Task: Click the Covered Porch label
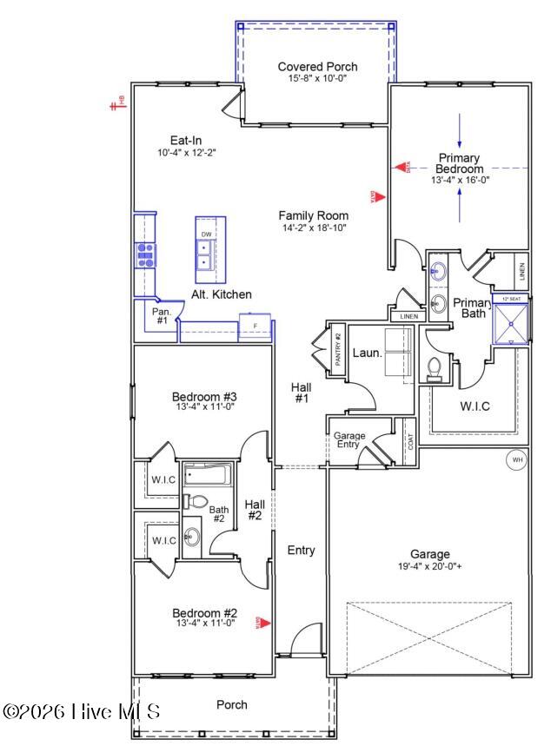click(317, 67)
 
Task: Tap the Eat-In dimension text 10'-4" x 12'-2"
click(187, 153)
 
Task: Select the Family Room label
click(313, 215)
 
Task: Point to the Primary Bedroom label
click(460, 162)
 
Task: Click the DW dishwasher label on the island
click(206, 234)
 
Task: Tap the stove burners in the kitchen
click(144, 254)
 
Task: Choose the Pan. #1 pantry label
click(162, 315)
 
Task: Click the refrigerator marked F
click(255, 327)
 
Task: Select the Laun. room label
click(367, 353)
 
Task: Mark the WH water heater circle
click(517, 459)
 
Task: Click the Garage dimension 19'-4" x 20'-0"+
click(430, 567)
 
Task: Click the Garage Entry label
click(349, 440)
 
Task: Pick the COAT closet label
click(410, 442)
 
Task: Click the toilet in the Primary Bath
click(435, 370)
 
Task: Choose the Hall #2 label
click(254, 510)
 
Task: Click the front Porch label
click(231, 704)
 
